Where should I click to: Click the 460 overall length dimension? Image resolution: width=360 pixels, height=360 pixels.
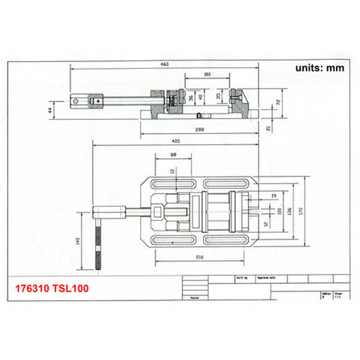pos(164,64)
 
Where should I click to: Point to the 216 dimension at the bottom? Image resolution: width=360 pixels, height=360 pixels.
pos(199,257)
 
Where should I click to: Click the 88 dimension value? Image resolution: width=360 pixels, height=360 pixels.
pos(173,155)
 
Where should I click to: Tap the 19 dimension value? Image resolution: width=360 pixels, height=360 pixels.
pos(273,196)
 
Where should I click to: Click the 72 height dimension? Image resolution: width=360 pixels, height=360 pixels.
pos(277,103)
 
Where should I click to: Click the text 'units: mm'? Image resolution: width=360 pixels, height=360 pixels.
pos(320,68)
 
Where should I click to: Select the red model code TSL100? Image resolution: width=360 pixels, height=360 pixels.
pos(73,289)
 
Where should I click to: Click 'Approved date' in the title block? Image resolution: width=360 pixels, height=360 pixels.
pos(265,279)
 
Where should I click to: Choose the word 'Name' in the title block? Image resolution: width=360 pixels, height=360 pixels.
pos(194,297)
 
